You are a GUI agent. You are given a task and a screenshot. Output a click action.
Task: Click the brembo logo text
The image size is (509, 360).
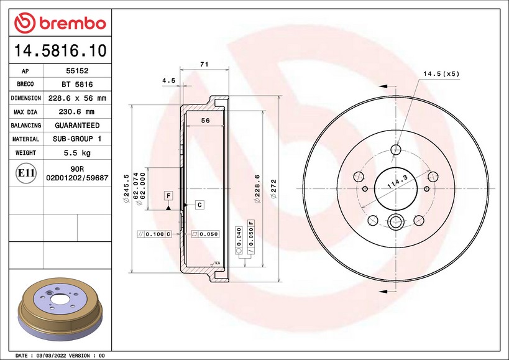pyautogui.click(x=73, y=24)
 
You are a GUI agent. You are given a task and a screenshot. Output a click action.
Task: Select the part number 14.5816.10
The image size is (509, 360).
pyautogui.click(x=60, y=50)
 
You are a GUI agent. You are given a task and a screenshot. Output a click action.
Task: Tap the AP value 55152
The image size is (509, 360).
pyautogui.click(x=77, y=71)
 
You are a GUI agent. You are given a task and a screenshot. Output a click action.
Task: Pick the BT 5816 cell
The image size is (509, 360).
pyautogui.click(x=77, y=85)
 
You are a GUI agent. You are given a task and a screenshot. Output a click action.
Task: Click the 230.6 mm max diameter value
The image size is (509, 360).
pyautogui.click(x=76, y=112)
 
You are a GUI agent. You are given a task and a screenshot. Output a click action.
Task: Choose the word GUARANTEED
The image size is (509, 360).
pyautogui.click(x=77, y=126)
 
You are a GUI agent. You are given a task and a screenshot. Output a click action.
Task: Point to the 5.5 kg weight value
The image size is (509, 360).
pyautogui.click(x=77, y=152)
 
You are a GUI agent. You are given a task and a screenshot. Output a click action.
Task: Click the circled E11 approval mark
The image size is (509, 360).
pyautogui.click(x=26, y=173)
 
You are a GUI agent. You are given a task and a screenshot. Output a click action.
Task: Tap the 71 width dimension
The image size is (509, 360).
pyautogui.click(x=204, y=64)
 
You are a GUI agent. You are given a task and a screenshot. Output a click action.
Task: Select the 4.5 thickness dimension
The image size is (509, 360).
pyautogui.click(x=169, y=80)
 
